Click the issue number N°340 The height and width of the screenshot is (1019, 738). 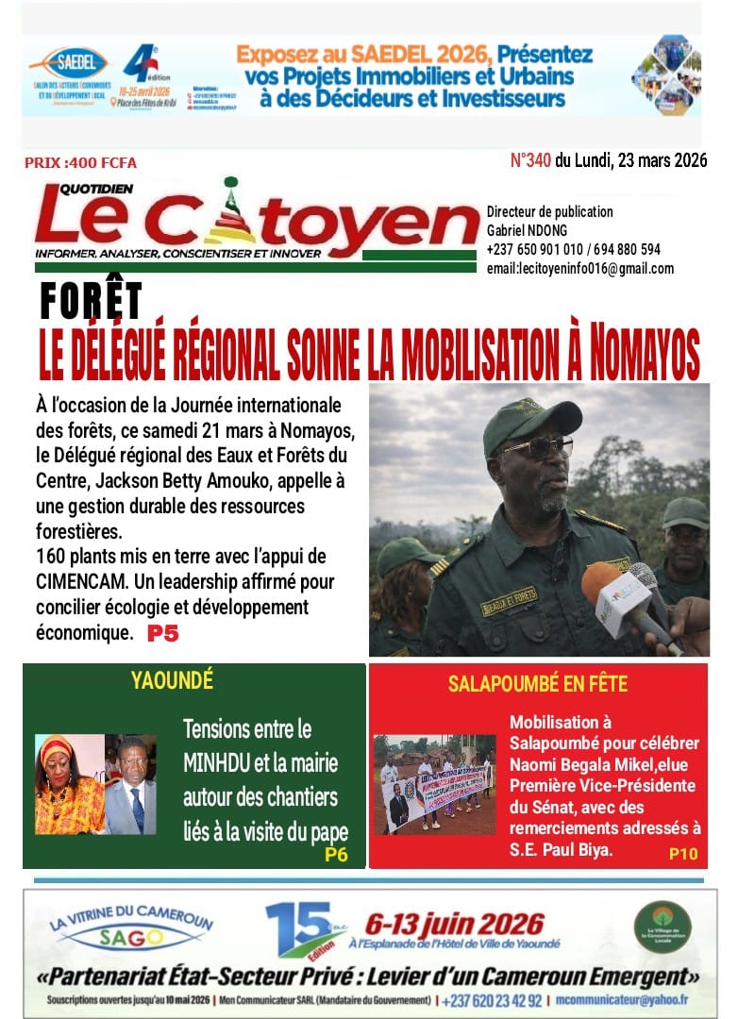(530, 160)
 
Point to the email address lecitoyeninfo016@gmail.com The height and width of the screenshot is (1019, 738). (580, 269)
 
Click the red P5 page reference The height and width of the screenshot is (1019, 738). (162, 634)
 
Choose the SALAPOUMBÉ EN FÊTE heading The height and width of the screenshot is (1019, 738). (538, 683)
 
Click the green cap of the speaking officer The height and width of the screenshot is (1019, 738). (529, 421)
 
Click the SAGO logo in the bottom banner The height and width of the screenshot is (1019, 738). (132, 938)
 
